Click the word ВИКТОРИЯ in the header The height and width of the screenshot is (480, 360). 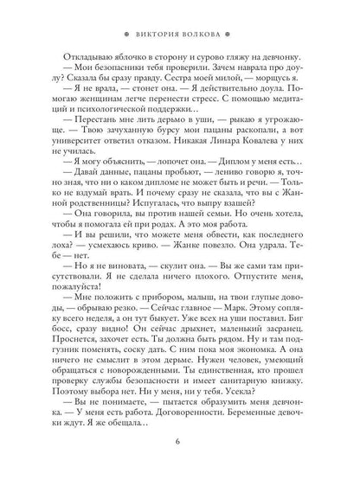point(157,15)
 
